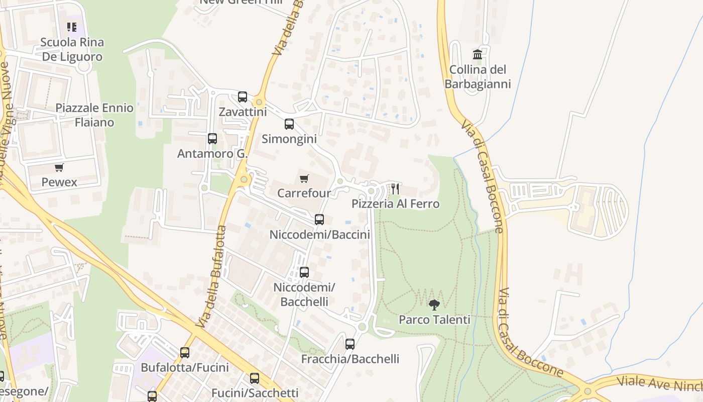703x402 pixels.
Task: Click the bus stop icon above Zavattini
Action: coord(243,97)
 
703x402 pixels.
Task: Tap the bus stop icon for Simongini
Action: coord(289,124)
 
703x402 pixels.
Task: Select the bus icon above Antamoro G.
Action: coord(212,139)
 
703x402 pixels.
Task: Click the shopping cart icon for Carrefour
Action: coord(304,178)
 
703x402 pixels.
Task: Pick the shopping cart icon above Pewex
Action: coord(59,167)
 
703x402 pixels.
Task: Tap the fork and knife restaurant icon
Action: coord(395,189)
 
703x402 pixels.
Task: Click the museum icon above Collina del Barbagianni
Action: coord(478,54)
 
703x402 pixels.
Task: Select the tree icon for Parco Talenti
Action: coord(434,305)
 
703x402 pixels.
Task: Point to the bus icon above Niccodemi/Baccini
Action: coord(319,220)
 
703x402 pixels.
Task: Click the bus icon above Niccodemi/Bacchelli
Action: coord(304,272)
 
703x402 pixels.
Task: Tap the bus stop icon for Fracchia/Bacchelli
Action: coord(350,344)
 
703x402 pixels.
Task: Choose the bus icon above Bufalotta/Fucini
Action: coord(185,353)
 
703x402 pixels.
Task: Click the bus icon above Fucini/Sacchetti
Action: coord(255,378)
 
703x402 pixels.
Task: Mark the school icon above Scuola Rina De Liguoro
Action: coord(72,27)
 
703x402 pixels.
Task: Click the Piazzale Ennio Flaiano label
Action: coord(94,115)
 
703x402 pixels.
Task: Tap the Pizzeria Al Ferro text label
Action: coord(395,204)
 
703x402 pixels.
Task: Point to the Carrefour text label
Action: coord(304,193)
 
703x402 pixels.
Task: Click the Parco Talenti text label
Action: coord(434,320)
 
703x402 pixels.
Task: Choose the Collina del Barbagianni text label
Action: coord(478,77)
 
